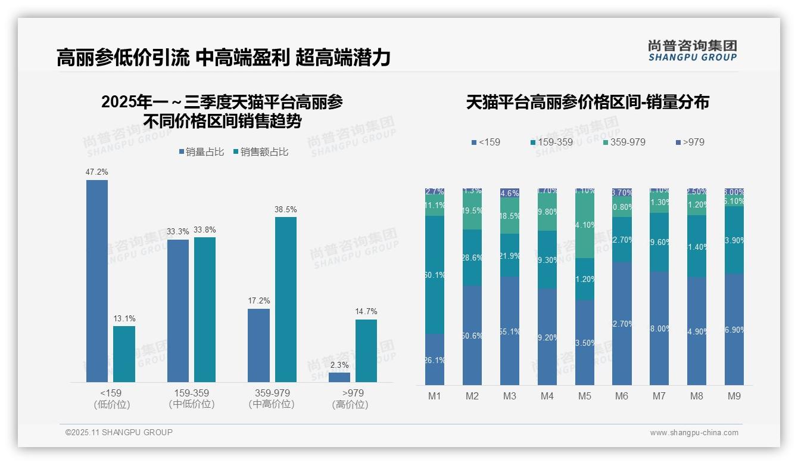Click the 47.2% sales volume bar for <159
point(97,280)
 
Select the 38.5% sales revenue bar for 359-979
point(285,299)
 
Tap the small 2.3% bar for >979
point(339,377)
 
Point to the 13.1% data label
point(124,318)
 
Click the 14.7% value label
point(366,311)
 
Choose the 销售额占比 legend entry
point(261,152)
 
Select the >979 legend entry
point(690,142)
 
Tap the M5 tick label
point(585,396)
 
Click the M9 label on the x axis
point(734,396)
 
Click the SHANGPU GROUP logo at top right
point(693,50)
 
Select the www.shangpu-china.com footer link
point(694,433)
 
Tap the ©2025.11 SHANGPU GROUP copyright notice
point(119,432)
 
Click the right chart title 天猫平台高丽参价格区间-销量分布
point(587,102)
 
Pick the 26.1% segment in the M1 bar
point(435,359)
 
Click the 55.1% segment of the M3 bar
point(510,331)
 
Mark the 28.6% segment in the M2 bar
point(472,258)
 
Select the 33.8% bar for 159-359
point(205,309)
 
